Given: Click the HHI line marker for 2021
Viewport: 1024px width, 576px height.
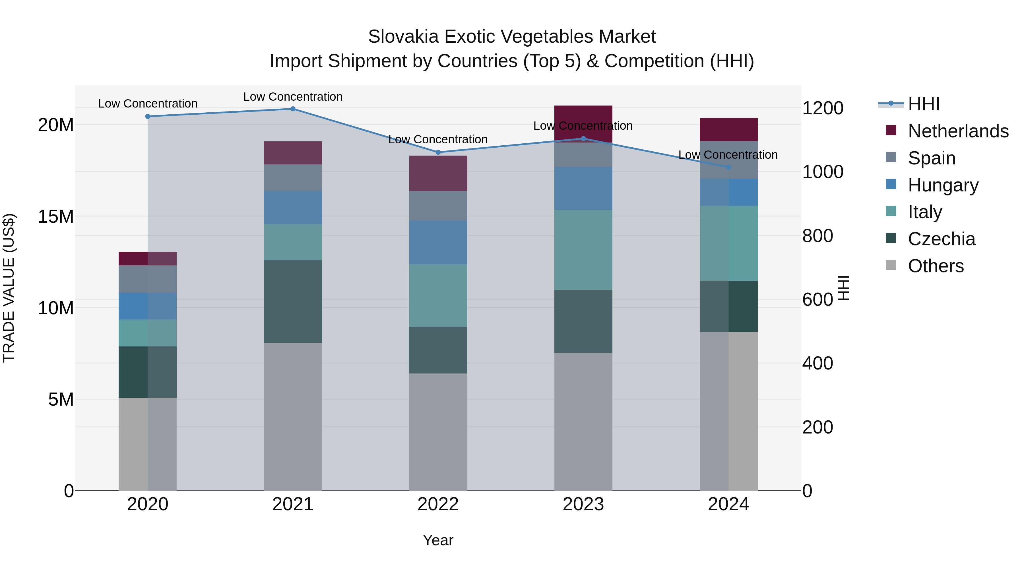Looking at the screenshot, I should pyautogui.click(x=293, y=109).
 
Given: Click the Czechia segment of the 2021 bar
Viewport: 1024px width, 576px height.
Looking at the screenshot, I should pyautogui.click(x=293, y=301).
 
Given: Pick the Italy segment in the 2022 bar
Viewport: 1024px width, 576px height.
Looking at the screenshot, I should pyautogui.click(x=438, y=295).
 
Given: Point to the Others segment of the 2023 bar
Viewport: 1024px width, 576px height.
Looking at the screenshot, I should pyautogui.click(x=583, y=421).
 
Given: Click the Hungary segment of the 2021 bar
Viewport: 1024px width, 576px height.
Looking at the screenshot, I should pyautogui.click(x=293, y=207).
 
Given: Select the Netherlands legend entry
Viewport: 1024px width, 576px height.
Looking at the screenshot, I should pyautogui.click(x=958, y=131).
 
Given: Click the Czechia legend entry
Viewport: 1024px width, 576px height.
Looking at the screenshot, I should pyautogui.click(x=941, y=239).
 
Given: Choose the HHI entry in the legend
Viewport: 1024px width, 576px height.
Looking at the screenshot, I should pyautogui.click(x=923, y=104).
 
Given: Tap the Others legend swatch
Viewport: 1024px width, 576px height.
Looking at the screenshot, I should pyautogui.click(x=891, y=265).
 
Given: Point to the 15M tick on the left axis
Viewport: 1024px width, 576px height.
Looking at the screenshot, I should pyautogui.click(x=56, y=217).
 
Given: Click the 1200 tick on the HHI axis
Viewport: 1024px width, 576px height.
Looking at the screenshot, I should pyautogui.click(x=822, y=108).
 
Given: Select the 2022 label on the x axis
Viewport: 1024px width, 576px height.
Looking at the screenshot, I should pyautogui.click(x=438, y=504).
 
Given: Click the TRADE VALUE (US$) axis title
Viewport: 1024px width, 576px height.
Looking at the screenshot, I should pyautogui.click(x=9, y=288).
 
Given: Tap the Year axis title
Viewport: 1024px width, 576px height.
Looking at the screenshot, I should pyautogui.click(x=438, y=540).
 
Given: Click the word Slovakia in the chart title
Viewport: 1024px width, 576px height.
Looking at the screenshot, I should pyautogui.click(x=403, y=37).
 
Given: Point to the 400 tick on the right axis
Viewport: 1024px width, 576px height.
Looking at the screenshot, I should pyautogui.click(x=817, y=363).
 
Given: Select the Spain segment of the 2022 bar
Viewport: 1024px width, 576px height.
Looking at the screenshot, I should pyautogui.click(x=438, y=206).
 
